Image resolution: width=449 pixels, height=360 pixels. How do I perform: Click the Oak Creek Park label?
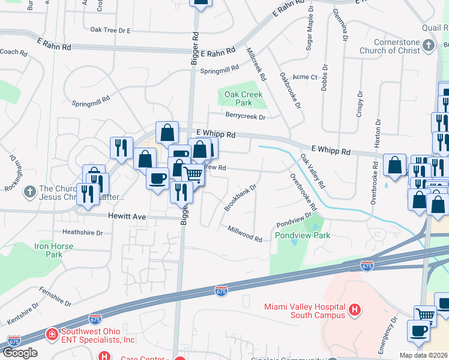click(243, 98)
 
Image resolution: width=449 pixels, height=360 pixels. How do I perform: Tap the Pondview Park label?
click(303, 236)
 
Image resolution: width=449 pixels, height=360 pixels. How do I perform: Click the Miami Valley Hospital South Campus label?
click(304, 311)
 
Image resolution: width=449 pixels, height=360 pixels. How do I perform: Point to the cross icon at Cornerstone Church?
click(428, 46)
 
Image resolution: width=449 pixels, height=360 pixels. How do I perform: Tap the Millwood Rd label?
click(245, 234)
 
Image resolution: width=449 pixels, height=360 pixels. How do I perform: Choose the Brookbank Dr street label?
click(240, 196)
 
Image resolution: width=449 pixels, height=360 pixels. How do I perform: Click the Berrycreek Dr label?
click(245, 116)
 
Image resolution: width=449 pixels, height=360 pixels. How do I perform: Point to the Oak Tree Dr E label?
click(110, 29)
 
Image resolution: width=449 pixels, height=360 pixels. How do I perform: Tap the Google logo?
click(19, 353)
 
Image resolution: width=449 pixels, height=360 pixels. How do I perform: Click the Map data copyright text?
click(423, 355)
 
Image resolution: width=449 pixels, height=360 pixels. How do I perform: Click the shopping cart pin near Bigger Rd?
click(193, 174)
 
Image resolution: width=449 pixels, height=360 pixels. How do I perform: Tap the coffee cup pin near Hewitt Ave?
click(158, 178)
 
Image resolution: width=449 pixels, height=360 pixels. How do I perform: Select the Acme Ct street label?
click(304, 77)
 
